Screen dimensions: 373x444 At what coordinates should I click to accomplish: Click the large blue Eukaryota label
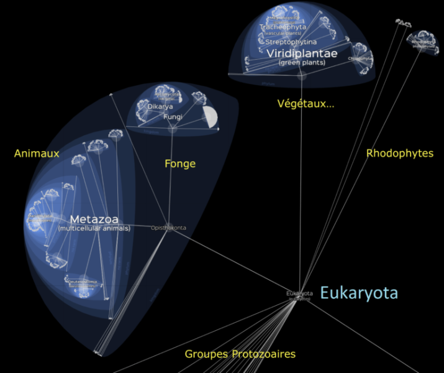tap(359, 293)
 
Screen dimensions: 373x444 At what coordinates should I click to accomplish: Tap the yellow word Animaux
tap(37, 154)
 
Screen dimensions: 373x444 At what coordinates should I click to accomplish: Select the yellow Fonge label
tap(180, 164)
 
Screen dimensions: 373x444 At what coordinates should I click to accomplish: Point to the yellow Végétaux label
tap(306, 104)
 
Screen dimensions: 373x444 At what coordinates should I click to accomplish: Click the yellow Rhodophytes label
tap(399, 153)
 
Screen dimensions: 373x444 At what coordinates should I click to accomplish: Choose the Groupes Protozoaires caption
tap(240, 354)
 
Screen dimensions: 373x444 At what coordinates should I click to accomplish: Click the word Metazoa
tap(94, 219)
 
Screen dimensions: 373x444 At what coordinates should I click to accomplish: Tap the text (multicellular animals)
tap(94, 229)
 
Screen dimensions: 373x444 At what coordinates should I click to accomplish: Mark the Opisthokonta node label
tap(168, 228)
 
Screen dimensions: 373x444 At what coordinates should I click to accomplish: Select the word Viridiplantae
tap(302, 54)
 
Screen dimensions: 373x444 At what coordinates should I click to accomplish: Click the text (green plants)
tap(302, 63)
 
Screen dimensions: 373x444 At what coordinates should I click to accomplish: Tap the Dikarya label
tap(160, 107)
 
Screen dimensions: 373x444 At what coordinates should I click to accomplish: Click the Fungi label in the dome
tap(172, 117)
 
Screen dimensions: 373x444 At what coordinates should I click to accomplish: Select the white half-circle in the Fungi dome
tap(211, 117)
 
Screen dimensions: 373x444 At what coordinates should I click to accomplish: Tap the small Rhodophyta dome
tap(422, 41)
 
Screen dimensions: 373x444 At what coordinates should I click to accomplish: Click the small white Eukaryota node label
tap(299, 293)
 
